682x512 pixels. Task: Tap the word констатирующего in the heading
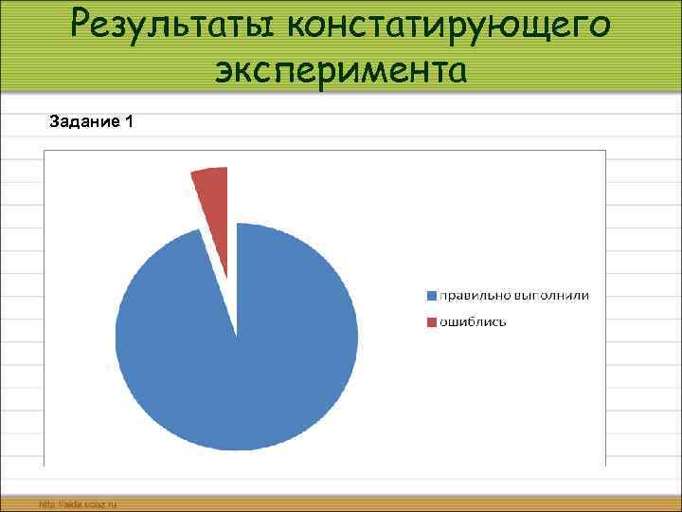click(x=450, y=26)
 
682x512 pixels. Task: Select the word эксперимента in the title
click(x=340, y=68)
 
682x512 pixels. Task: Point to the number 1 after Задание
click(x=129, y=121)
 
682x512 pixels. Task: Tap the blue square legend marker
click(x=432, y=296)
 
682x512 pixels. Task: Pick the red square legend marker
click(x=432, y=322)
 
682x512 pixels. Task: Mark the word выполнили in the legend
click(x=549, y=296)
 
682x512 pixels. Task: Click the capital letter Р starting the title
click(x=86, y=24)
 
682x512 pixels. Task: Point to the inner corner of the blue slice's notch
click(x=236, y=334)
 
